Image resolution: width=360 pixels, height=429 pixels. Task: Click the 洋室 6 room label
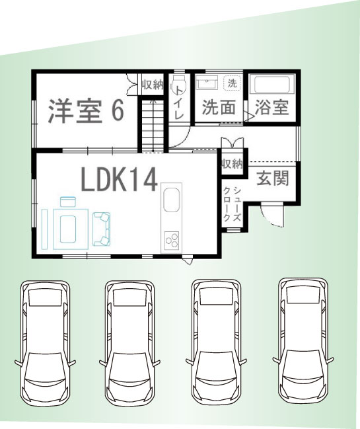(x=86, y=111)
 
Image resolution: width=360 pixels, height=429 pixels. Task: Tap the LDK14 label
(x=120, y=180)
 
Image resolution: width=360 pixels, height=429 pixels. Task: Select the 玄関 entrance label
(x=273, y=178)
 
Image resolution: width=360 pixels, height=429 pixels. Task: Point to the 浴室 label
(x=271, y=107)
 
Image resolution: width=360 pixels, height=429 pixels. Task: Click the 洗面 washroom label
(x=219, y=107)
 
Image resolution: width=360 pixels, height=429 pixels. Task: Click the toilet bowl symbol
(x=178, y=83)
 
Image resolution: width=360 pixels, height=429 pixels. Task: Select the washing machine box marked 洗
(x=232, y=83)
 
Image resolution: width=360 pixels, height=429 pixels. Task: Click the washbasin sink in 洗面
(x=207, y=82)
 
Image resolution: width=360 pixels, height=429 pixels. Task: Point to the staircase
(x=153, y=126)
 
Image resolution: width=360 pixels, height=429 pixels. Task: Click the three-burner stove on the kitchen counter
(x=172, y=240)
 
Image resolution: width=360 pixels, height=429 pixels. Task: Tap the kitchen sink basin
(x=172, y=200)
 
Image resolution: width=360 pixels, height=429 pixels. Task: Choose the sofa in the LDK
(x=102, y=229)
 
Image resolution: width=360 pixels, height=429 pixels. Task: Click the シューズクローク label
(x=233, y=204)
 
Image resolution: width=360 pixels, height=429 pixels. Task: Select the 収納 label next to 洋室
(x=153, y=85)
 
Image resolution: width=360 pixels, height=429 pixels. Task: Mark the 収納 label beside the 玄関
(x=232, y=164)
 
